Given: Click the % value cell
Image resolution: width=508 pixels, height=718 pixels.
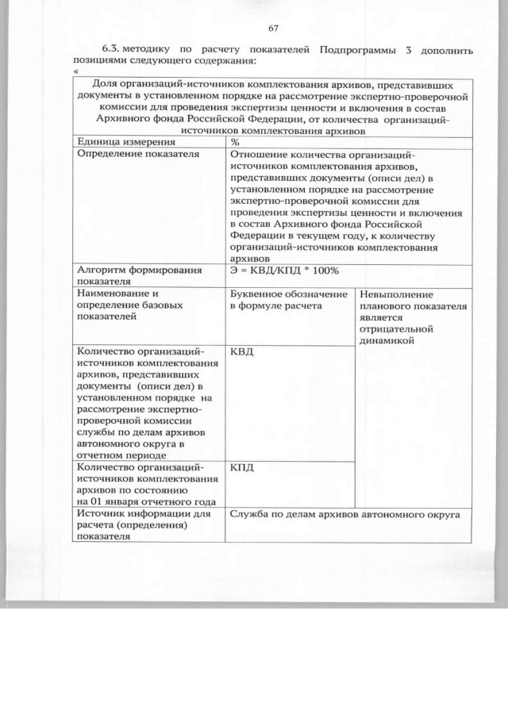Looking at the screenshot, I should pyautogui.click(x=235, y=142).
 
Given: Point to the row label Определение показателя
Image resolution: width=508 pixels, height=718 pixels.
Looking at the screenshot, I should pyautogui.click(x=132, y=154).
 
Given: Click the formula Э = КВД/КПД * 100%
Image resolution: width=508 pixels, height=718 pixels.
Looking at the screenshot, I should pyautogui.click(x=284, y=271).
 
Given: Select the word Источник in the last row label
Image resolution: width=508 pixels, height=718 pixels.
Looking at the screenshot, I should pyautogui.click(x=102, y=514).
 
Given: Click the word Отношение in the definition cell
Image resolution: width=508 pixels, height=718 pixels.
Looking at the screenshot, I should pyautogui.click(x=260, y=154).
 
